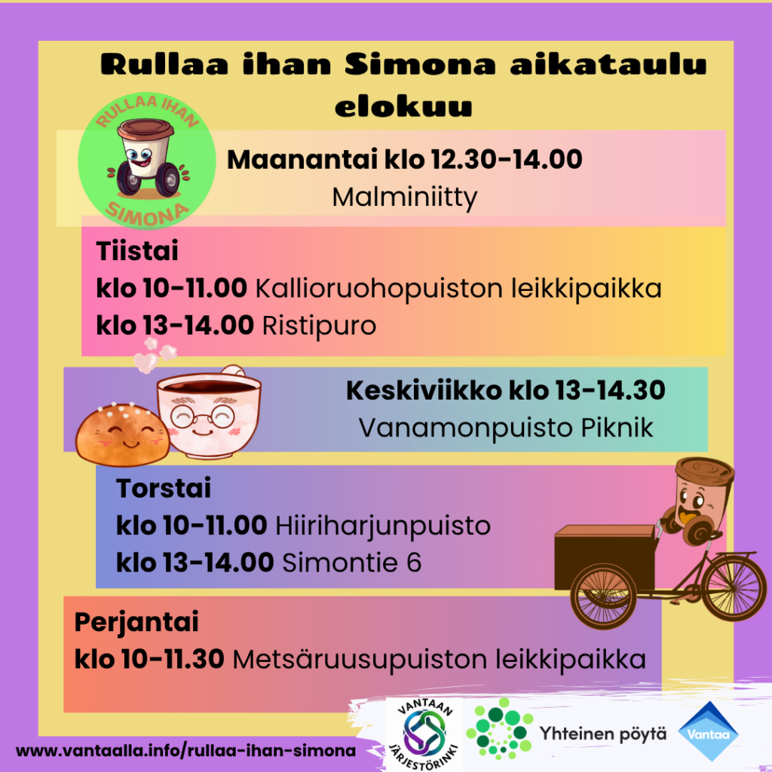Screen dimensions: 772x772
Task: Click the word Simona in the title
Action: pyautogui.click(x=420, y=64)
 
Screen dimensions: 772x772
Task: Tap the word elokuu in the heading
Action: pyautogui.click(x=403, y=106)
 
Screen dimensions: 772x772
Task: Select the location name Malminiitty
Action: pyautogui.click(x=405, y=198)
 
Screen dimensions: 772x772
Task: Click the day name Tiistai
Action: pyautogui.click(x=137, y=250)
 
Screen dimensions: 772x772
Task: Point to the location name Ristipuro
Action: pyautogui.click(x=319, y=326)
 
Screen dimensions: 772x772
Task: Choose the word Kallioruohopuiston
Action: pyautogui.click(x=378, y=288)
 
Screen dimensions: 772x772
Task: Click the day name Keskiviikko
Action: pyautogui.click(x=424, y=391)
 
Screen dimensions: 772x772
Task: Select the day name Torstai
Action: pyautogui.click(x=164, y=488)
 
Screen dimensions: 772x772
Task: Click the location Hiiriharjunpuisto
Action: pyautogui.click(x=382, y=526)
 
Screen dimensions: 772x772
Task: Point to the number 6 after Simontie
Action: pyautogui.click(x=414, y=562)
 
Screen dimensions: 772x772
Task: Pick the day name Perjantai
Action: pyautogui.click(x=136, y=623)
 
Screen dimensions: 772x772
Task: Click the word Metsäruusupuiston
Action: pyautogui.click(x=360, y=659)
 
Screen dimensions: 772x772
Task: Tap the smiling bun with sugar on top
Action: pyautogui.click(x=122, y=435)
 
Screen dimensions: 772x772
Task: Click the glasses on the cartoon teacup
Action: pyautogui.click(x=202, y=418)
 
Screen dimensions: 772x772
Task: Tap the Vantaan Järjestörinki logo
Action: pyautogui.click(x=424, y=734)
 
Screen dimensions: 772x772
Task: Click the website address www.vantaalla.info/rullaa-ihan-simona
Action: pyautogui.click(x=185, y=751)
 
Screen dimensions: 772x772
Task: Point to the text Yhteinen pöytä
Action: pyautogui.click(x=602, y=734)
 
